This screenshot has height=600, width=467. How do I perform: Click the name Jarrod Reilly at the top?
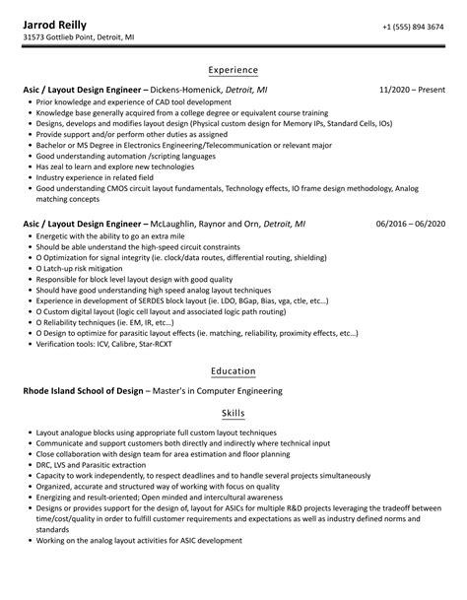click(58, 24)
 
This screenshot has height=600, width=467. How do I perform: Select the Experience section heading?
click(233, 70)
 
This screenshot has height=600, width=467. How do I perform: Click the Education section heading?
click(233, 371)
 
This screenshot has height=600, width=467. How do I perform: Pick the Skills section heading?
click(233, 414)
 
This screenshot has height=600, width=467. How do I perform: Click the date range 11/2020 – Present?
click(412, 89)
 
